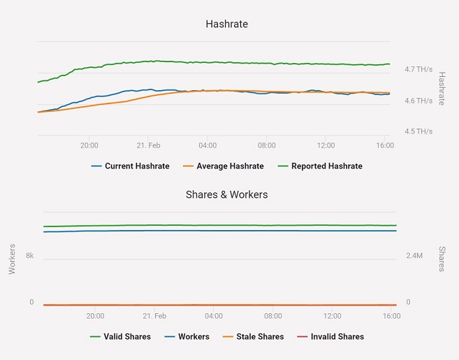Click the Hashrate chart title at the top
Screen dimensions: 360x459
(x=226, y=24)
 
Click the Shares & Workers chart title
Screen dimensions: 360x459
(x=226, y=194)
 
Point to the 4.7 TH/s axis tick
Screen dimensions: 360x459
(x=418, y=69)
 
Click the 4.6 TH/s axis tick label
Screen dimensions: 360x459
(x=418, y=101)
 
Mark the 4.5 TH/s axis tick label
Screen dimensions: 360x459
(x=418, y=131)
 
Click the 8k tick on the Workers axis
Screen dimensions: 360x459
(x=30, y=256)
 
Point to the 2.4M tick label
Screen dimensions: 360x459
(x=414, y=256)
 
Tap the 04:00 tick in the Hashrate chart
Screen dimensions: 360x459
(x=207, y=145)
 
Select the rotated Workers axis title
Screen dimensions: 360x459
(x=12, y=259)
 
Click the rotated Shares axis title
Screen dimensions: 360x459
(x=442, y=259)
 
